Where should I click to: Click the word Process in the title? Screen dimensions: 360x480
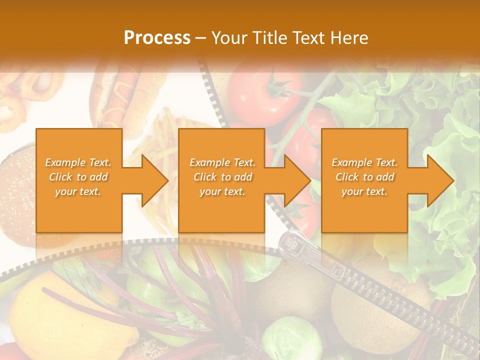coord(157,38)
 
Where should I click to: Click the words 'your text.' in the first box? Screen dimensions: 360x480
coord(78,191)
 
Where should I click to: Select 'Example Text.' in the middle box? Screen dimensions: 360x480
coord(222,162)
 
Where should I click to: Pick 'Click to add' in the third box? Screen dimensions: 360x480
coord(364,177)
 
